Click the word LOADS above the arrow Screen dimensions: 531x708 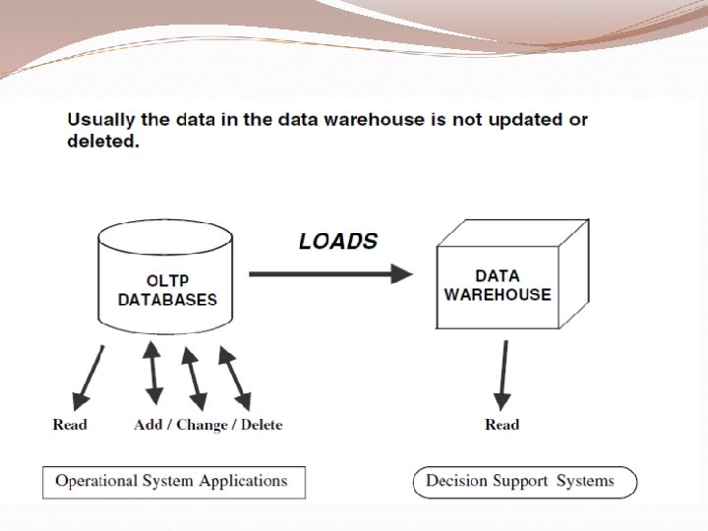coord(337,241)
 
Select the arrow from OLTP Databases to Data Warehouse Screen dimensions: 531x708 coord(330,274)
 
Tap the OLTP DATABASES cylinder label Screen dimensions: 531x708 coord(167,290)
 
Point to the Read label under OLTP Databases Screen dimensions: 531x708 coord(70,425)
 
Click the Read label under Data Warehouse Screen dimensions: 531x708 coord(501,425)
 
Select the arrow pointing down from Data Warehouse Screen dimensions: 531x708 coord(503,375)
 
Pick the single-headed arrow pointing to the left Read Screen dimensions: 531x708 coord(88,377)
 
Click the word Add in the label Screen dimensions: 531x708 coord(148,425)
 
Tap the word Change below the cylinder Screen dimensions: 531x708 coord(203,425)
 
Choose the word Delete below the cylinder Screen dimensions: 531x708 coord(259,425)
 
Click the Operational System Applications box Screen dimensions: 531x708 coord(173,482)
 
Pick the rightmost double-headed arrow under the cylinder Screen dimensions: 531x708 coord(233,376)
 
